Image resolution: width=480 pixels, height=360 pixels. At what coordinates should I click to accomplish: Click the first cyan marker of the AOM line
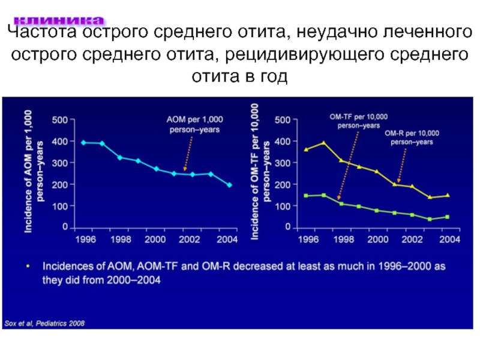[x=83, y=142]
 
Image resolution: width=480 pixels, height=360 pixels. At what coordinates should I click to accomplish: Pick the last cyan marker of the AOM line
[x=229, y=185]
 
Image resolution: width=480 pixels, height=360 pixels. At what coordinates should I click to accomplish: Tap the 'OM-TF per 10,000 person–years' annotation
[x=359, y=121]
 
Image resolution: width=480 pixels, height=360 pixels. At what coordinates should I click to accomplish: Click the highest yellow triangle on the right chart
[x=324, y=143]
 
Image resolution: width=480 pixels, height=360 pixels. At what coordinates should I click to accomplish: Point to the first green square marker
[x=306, y=196]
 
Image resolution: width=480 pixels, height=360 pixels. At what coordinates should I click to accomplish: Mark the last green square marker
[x=447, y=217]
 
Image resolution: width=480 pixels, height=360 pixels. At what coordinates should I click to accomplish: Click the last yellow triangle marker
[x=447, y=196]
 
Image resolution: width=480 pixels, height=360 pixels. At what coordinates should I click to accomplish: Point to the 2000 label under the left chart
[x=155, y=239]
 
